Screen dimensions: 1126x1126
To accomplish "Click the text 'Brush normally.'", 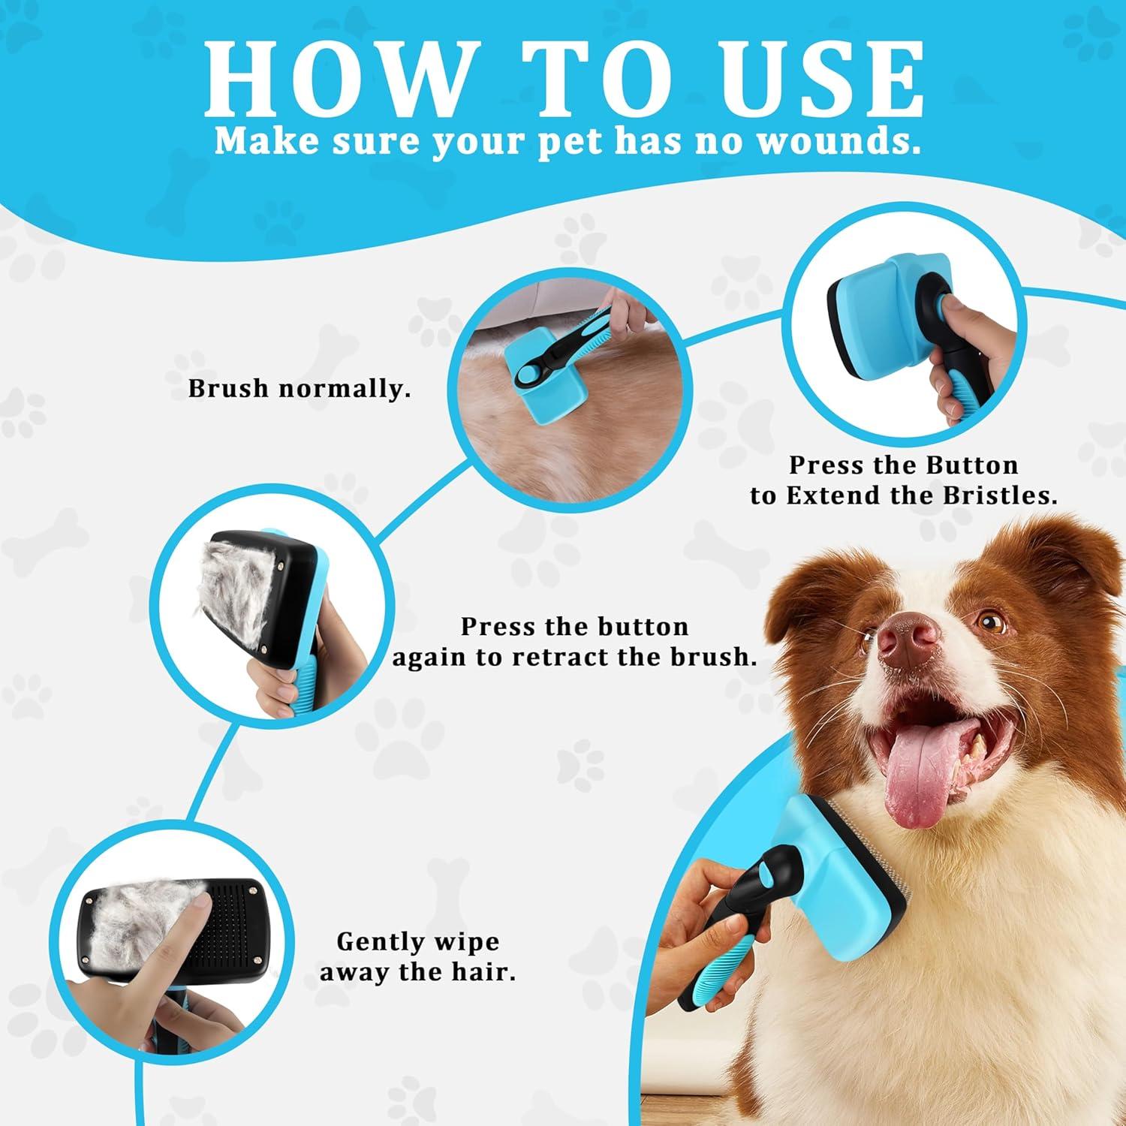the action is coord(300,389).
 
